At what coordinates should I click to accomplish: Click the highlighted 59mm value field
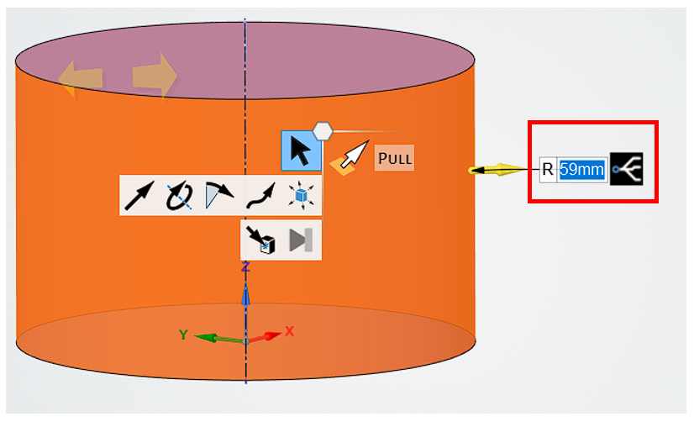(582, 170)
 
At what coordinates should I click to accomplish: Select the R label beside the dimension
(548, 170)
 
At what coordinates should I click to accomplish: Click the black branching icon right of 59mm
(628, 170)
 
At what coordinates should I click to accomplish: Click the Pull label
(394, 157)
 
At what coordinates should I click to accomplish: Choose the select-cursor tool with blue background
(301, 151)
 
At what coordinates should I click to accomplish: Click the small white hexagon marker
(323, 130)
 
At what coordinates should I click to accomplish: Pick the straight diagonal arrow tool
(139, 196)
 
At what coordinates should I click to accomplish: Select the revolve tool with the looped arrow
(179, 196)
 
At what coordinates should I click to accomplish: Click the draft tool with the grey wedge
(218, 196)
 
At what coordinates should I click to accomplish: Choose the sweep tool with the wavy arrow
(260, 196)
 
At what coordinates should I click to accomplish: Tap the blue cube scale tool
(300, 196)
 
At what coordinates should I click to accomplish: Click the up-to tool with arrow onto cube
(260, 240)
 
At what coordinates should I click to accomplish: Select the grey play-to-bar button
(301, 240)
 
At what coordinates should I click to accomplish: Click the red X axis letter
(290, 331)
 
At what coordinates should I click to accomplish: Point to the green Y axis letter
(183, 335)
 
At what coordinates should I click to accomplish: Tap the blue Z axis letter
(246, 266)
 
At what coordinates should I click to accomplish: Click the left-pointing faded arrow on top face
(81, 79)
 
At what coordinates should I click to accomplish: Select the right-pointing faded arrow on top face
(155, 76)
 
